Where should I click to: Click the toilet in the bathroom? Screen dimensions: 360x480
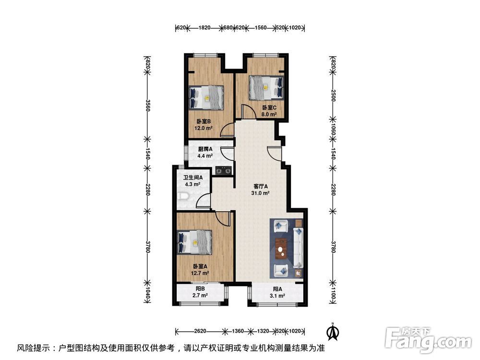182,196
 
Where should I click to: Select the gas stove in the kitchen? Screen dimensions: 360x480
223,169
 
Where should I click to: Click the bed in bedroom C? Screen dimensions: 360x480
265,87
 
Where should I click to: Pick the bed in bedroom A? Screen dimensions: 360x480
194,242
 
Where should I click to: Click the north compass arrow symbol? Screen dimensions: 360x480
331,331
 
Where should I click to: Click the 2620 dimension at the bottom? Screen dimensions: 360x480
201,331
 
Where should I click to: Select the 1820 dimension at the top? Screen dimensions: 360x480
204,28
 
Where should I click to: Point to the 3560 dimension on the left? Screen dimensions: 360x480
148,104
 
